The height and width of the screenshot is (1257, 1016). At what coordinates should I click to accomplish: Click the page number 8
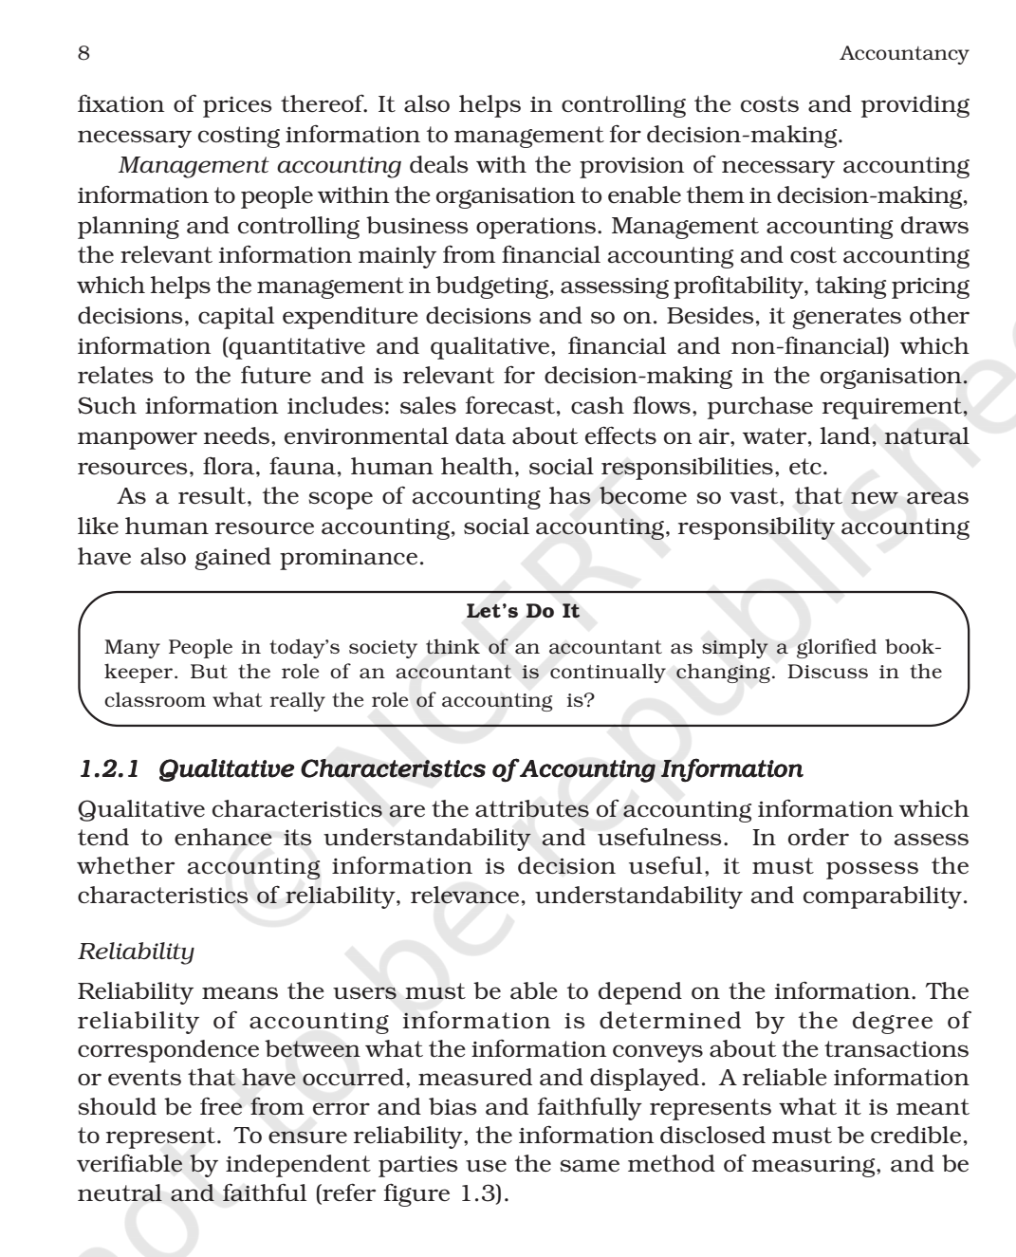click(83, 53)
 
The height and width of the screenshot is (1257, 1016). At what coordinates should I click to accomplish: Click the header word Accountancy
click(903, 54)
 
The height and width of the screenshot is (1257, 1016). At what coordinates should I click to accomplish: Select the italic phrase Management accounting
click(259, 166)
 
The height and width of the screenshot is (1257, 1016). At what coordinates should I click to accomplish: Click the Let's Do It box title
click(522, 612)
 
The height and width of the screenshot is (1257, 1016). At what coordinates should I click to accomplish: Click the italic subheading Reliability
click(136, 952)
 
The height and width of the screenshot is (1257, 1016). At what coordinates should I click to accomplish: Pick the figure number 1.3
click(478, 1194)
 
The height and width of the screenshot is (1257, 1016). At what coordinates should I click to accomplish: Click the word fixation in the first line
click(120, 105)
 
